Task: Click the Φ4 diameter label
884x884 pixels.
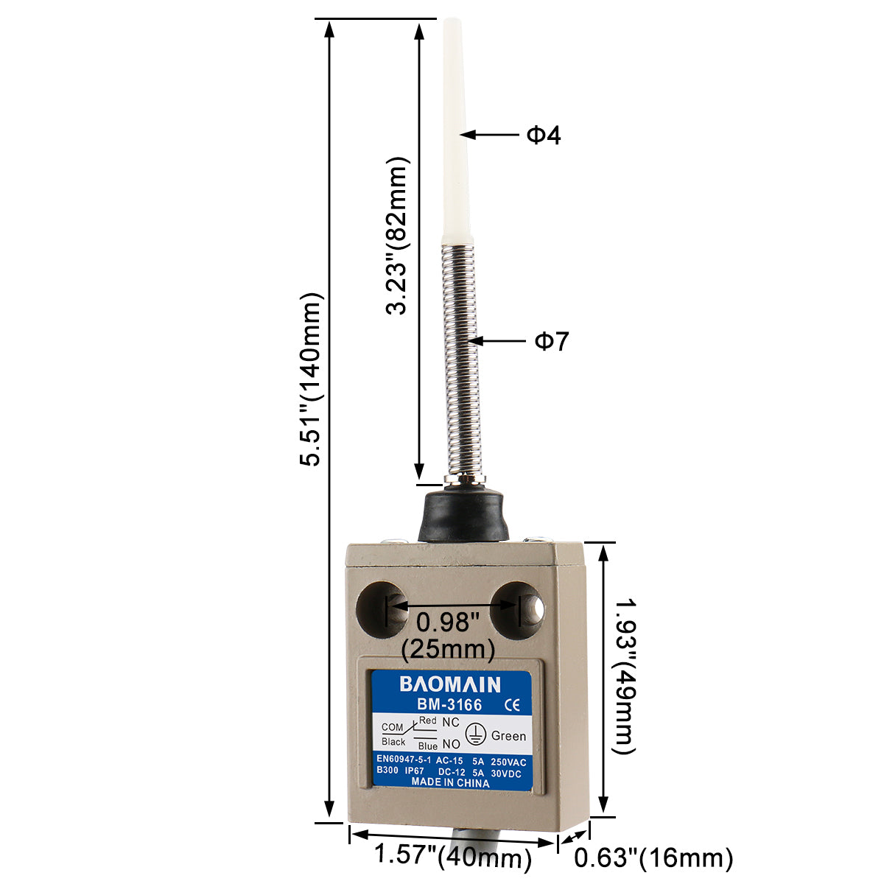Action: pyautogui.click(x=544, y=136)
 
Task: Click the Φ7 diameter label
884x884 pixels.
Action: pyautogui.click(x=552, y=341)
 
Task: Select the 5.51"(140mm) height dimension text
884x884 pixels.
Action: pyautogui.click(x=311, y=379)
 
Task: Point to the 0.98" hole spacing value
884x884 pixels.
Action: pyautogui.click(x=448, y=622)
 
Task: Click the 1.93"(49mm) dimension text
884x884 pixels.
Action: pyautogui.click(x=625, y=676)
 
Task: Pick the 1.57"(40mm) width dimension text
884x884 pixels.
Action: pyautogui.click(x=453, y=856)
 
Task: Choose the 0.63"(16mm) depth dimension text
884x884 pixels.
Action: pyautogui.click(x=653, y=857)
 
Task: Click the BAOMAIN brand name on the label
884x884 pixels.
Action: pyautogui.click(x=450, y=684)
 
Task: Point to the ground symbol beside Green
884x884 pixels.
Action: pyautogui.click(x=476, y=734)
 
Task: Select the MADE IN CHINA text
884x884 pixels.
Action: pyautogui.click(x=450, y=783)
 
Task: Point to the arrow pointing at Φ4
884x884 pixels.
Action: pyautogui.click(x=490, y=135)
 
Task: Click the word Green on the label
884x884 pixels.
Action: pyautogui.click(x=508, y=736)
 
